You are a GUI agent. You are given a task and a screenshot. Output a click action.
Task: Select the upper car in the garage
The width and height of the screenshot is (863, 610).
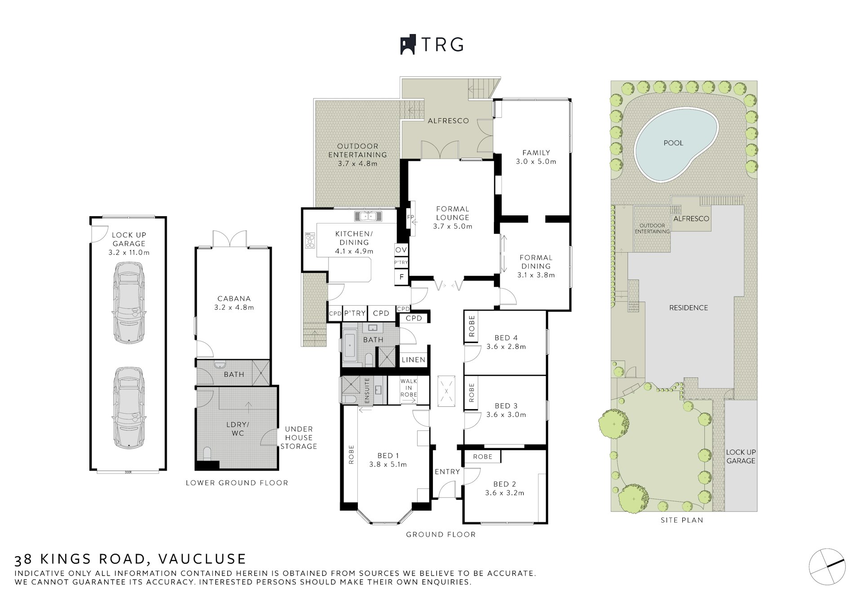[129, 303]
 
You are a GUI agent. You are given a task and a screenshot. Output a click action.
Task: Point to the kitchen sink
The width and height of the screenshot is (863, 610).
[368, 216]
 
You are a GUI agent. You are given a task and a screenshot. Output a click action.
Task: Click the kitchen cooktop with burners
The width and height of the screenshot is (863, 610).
[310, 240]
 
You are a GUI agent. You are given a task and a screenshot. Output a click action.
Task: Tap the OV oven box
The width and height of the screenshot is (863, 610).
[401, 250]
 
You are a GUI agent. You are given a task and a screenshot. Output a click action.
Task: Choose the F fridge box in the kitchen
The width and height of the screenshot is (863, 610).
[401, 277]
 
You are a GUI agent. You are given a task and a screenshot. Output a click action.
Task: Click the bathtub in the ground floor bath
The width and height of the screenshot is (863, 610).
[349, 345]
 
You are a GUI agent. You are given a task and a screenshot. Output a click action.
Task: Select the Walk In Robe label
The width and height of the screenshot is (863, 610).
[409, 388]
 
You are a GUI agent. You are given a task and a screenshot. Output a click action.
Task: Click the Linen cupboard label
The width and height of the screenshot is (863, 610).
[414, 360]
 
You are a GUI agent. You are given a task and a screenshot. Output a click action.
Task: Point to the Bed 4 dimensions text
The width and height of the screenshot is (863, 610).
[506, 347]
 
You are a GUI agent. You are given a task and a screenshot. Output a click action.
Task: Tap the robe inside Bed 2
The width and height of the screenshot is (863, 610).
[482, 457]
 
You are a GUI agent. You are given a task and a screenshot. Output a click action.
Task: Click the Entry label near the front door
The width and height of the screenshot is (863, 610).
[447, 472]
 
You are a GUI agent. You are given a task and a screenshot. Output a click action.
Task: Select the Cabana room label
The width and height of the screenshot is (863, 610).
[234, 298]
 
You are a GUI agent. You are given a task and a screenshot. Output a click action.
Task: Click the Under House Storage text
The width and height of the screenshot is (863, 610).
[298, 438]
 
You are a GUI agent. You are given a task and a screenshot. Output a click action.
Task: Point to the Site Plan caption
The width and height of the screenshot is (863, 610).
[681, 520]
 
